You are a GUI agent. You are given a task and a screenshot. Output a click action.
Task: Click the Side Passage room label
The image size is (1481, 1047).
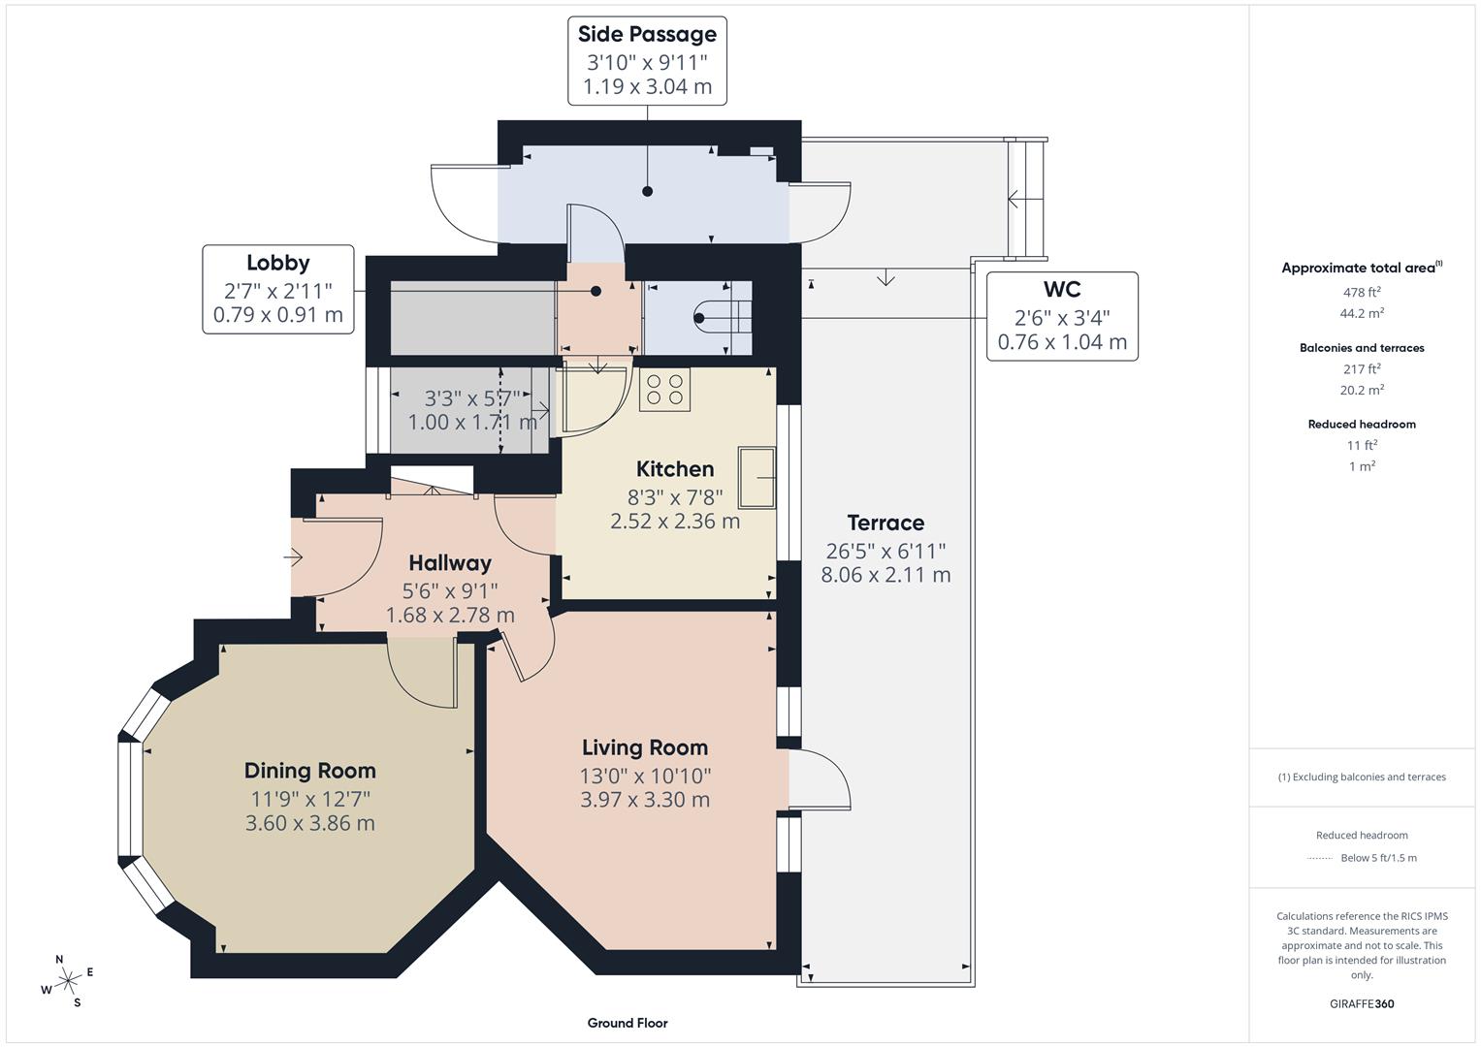point(647,34)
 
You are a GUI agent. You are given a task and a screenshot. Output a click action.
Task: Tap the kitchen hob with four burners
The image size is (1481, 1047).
point(664,390)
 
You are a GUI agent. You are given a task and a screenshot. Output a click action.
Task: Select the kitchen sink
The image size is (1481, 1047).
point(757,477)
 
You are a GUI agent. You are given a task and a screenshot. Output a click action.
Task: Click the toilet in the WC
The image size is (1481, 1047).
point(723,317)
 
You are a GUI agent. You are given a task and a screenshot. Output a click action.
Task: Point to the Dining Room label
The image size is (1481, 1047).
point(309,771)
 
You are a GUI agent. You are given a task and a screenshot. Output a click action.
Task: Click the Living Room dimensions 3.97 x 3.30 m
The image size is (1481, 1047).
point(645,800)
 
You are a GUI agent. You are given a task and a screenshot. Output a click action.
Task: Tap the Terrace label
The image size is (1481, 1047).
point(885,523)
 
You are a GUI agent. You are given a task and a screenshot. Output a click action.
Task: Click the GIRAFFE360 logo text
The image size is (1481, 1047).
point(1362,1003)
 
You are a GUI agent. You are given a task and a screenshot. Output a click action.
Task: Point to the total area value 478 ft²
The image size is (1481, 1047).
point(1362,292)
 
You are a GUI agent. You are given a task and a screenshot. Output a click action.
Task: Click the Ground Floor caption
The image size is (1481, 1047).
point(628,1023)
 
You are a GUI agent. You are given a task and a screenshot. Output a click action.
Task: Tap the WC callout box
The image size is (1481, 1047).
point(1062,316)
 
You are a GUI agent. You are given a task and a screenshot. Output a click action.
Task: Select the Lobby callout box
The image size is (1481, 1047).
point(278,289)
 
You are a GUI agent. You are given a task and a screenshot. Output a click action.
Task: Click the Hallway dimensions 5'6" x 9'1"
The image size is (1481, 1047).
point(450,589)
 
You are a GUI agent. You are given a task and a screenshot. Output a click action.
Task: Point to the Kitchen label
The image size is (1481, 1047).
point(675,469)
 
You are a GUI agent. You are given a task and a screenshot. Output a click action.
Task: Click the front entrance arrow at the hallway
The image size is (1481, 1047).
point(294,557)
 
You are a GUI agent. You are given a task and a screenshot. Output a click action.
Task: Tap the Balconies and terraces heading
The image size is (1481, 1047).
point(1362,348)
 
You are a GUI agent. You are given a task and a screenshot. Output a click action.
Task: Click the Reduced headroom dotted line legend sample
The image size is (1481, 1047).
point(1320,858)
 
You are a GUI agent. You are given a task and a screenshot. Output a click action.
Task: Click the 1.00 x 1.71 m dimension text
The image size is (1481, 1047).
point(472,423)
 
